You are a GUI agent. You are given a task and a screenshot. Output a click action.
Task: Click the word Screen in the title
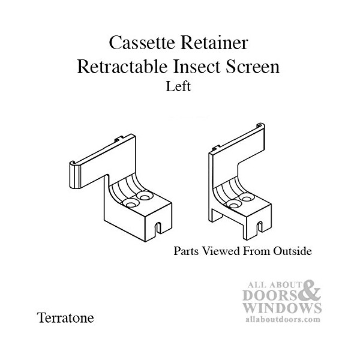click(x=252, y=67)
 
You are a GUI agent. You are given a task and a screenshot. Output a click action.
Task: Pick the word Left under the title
click(x=179, y=86)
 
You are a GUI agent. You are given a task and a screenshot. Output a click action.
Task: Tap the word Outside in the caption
click(x=291, y=250)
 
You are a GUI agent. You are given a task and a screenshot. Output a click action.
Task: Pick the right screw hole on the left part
click(x=145, y=196)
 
